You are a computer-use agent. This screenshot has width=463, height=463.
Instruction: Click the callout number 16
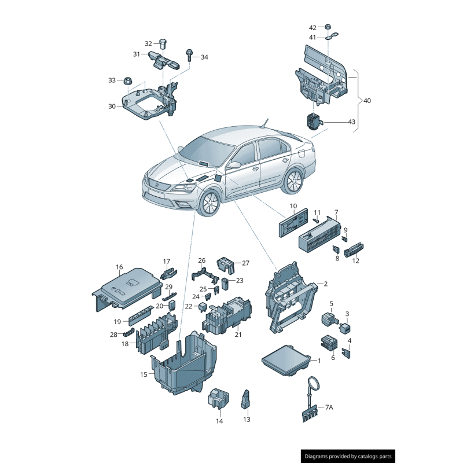pyautogui.click(x=119, y=267)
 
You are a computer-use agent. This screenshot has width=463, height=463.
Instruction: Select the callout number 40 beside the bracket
pyautogui.click(x=367, y=101)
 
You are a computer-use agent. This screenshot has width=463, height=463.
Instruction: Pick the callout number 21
pyautogui.click(x=238, y=334)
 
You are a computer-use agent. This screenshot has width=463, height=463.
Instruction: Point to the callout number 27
pyautogui.click(x=245, y=263)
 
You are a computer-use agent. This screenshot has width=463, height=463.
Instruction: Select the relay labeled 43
pyautogui.click(x=313, y=120)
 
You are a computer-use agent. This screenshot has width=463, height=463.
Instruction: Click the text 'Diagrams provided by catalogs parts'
pyautogui.click(x=348, y=456)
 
